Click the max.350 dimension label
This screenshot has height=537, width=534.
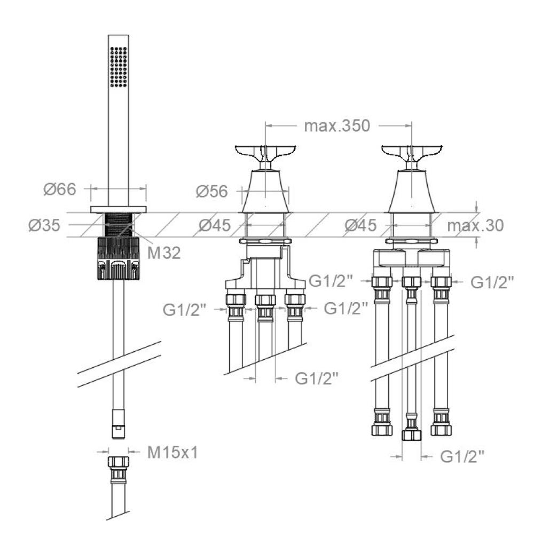tap(337, 125)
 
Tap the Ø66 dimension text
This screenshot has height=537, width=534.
tap(60, 189)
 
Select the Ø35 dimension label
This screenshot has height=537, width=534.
tap(44, 225)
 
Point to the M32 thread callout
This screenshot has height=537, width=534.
tap(164, 253)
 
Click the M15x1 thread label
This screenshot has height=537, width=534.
tap(172, 453)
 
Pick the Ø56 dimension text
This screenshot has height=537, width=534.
tap(211, 192)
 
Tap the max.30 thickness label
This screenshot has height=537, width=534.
tap(475, 225)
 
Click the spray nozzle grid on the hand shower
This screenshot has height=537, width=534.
tap(119, 67)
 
